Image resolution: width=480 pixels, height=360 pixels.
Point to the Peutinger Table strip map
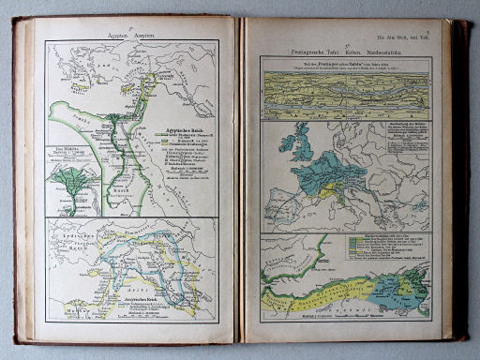[345, 90]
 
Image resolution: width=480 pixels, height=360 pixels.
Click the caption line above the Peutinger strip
[345, 63]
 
